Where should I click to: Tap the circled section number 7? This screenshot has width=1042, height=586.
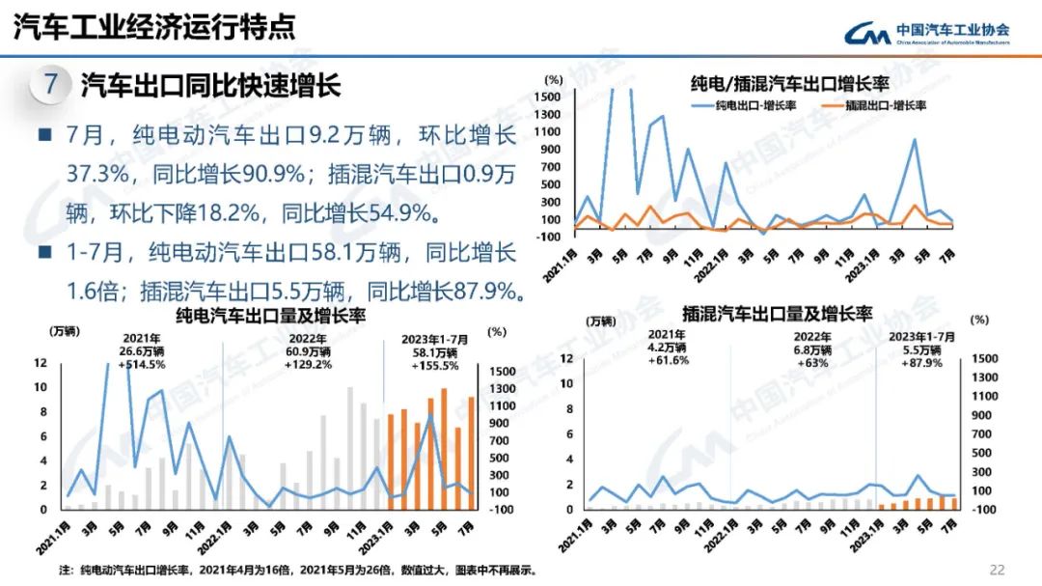coord(50,84)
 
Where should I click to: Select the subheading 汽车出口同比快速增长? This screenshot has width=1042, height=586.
coord(210,85)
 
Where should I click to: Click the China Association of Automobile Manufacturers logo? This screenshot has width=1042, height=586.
coord(926,34)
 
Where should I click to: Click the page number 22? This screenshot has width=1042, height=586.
coord(998,569)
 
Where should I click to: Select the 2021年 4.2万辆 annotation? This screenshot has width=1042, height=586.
coord(667,348)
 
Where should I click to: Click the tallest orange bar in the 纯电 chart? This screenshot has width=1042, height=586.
coord(444,448)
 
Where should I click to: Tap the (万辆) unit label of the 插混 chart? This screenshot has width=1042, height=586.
coord(601,321)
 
